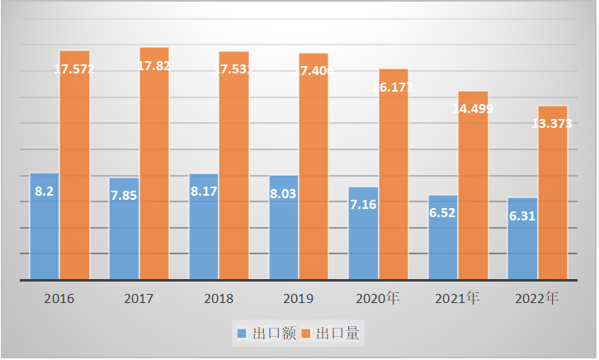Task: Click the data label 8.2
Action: coord(44,191)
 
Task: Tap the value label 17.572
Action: coord(74,69)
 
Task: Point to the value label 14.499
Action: coord(474,109)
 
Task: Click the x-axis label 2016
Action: coord(59,298)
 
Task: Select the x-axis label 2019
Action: coord(298,298)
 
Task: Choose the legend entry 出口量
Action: coord(333,334)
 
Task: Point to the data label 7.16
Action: coord(363,205)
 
